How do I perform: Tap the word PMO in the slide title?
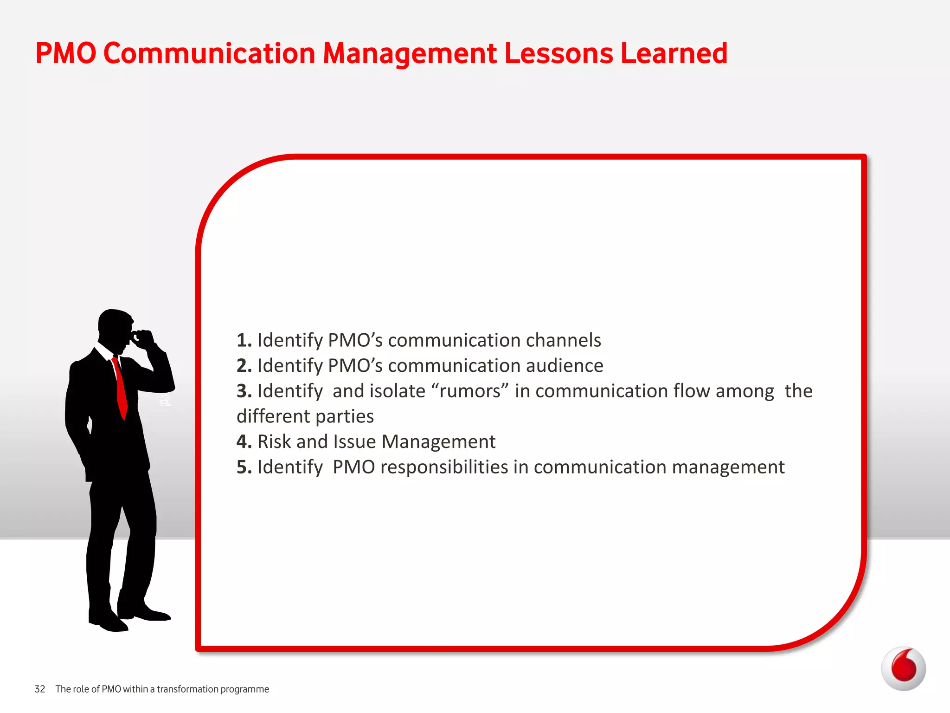click(x=65, y=53)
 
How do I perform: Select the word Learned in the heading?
click(x=674, y=53)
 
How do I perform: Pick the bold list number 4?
click(x=244, y=441)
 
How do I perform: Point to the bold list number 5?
click(x=244, y=467)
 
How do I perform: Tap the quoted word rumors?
click(x=470, y=391)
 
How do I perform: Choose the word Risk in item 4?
click(x=274, y=441)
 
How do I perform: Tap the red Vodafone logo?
click(x=903, y=668)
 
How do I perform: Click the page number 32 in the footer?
click(x=40, y=689)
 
